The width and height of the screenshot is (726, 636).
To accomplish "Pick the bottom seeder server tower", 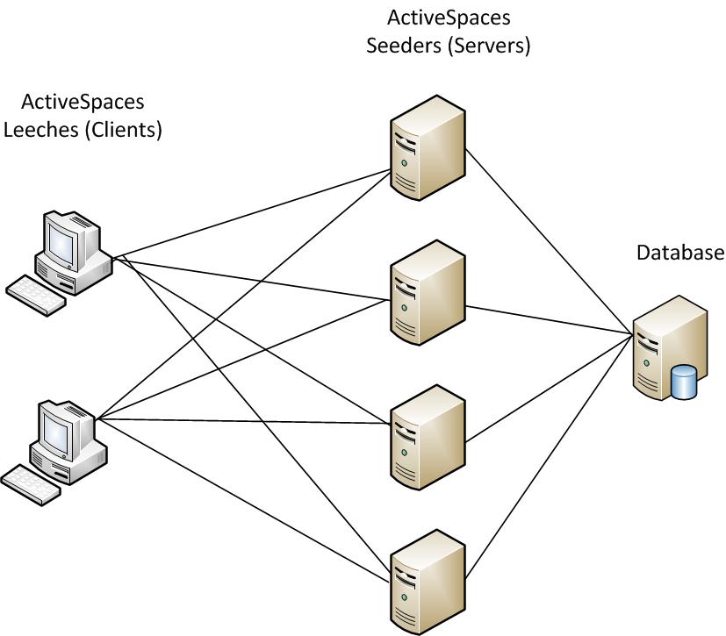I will (427, 575).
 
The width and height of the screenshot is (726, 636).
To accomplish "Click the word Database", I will (680, 254).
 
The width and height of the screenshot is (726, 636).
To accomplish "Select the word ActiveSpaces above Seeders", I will (449, 17).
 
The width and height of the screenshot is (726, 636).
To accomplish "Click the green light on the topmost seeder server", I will (404, 164).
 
